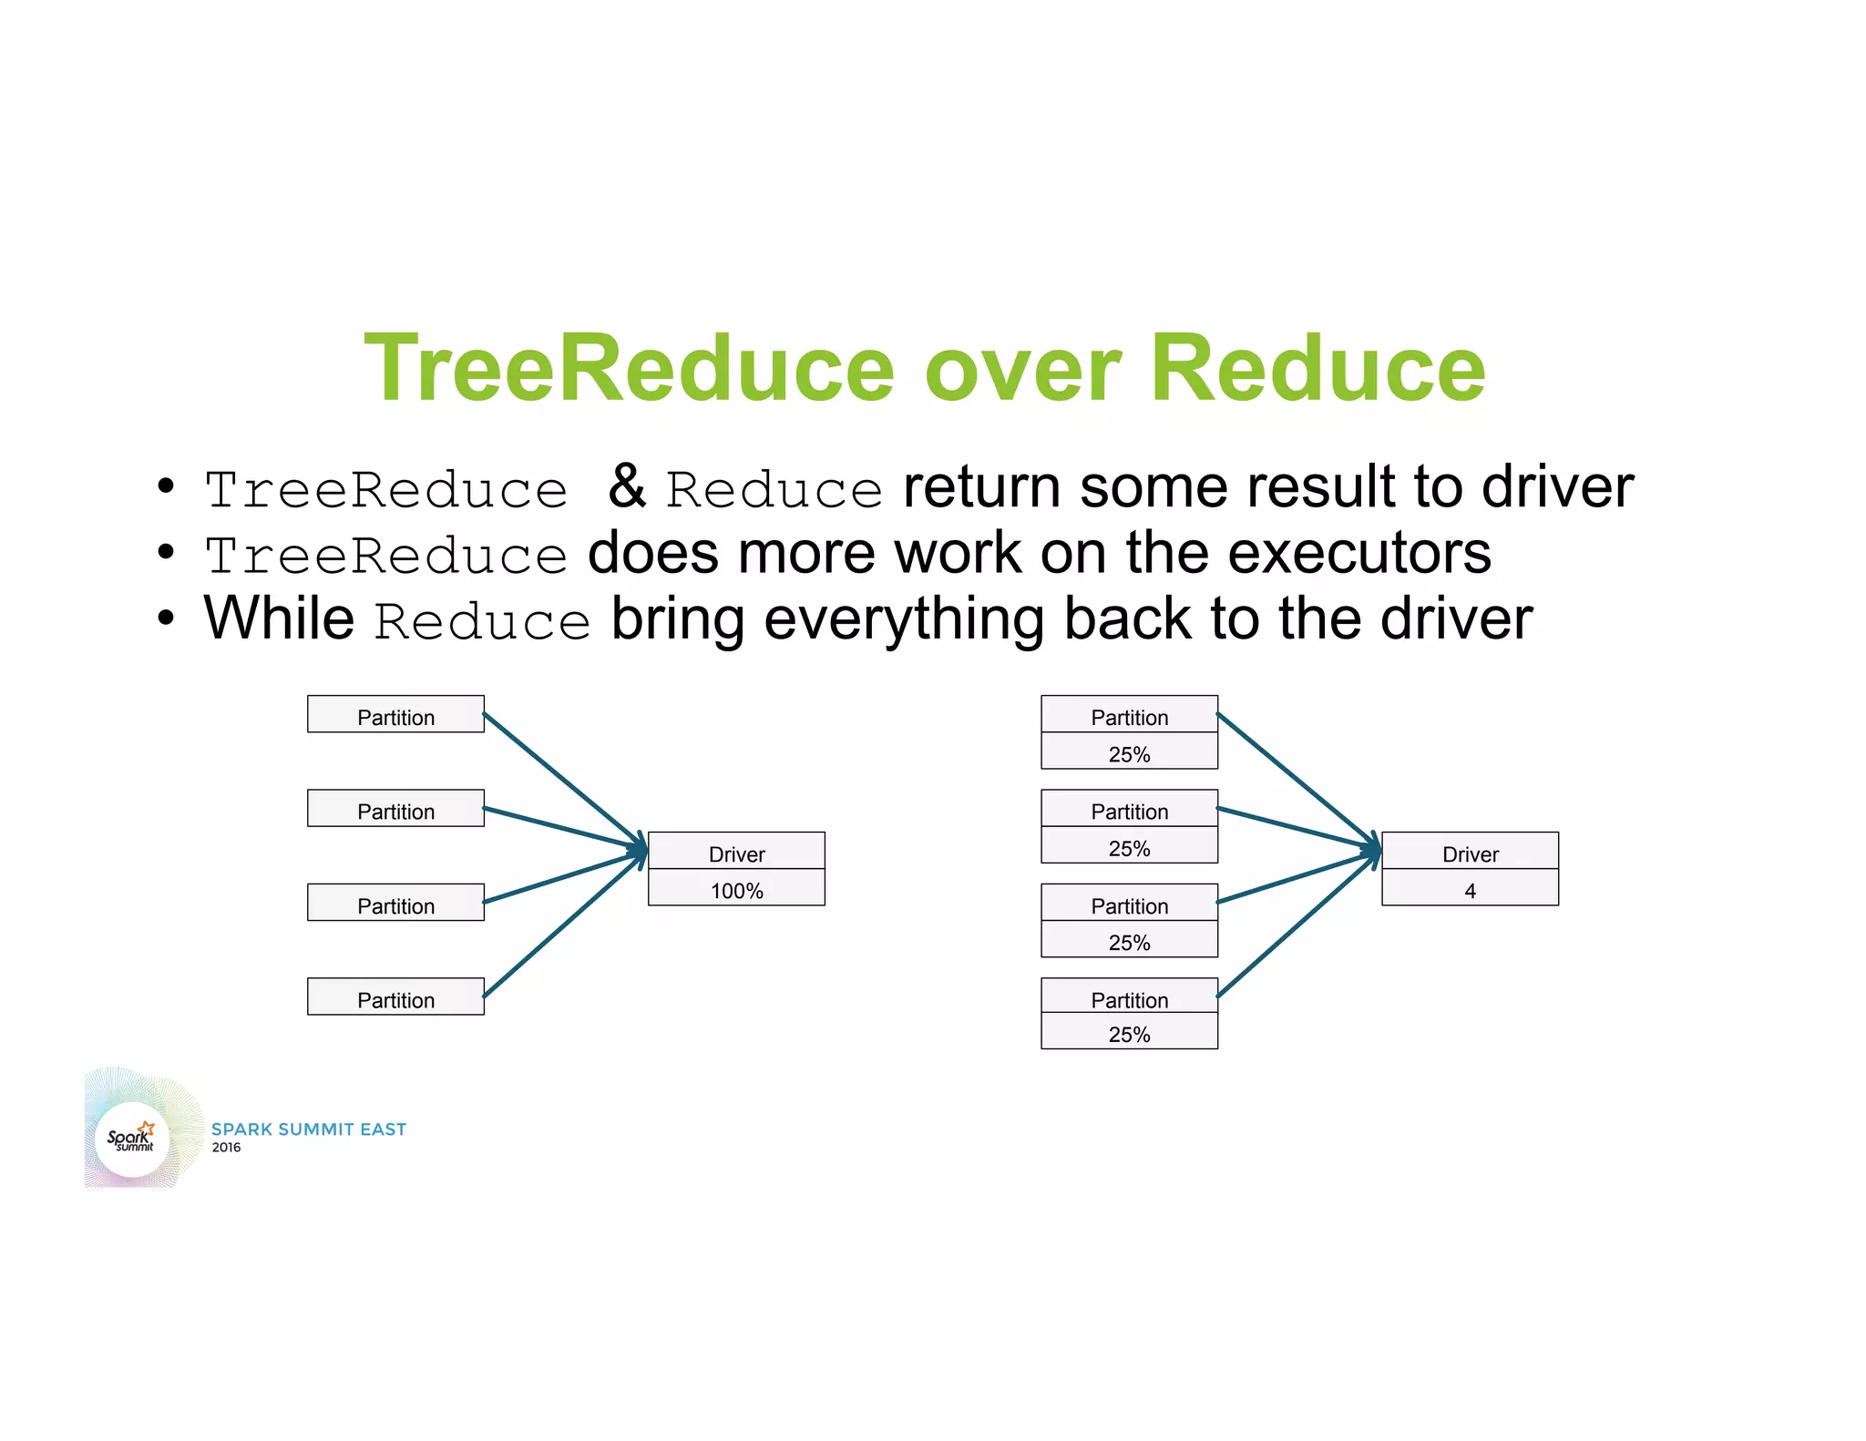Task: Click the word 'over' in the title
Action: (1021, 369)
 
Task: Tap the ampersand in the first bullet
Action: (627, 486)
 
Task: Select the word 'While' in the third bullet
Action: (279, 618)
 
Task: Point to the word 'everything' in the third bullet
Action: (902, 620)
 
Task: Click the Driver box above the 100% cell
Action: (736, 853)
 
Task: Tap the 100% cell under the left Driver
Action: (736, 889)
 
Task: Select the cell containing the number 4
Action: (1469, 889)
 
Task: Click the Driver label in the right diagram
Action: (1469, 853)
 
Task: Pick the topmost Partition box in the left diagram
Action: (395, 716)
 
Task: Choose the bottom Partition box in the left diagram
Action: (395, 998)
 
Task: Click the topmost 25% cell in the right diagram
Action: (1128, 753)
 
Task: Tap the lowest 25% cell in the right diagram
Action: (1128, 1033)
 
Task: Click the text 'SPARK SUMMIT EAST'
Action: (308, 1129)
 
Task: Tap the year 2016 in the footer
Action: (226, 1148)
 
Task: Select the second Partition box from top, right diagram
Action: (1128, 810)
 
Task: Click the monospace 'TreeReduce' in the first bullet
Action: (385, 490)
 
